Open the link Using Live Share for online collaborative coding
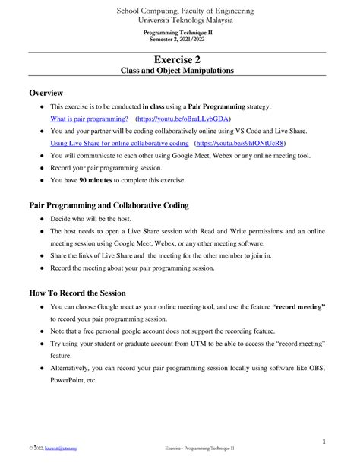point(119,142)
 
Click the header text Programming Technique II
point(179,34)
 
